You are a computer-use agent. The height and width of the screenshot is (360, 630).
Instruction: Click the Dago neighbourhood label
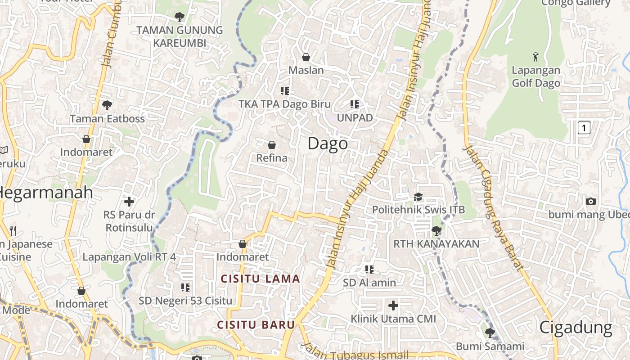pyautogui.click(x=328, y=144)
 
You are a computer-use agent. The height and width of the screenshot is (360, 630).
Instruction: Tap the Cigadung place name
pyautogui.click(x=576, y=328)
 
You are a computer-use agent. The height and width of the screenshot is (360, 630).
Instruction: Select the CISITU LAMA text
pyautogui.click(x=260, y=279)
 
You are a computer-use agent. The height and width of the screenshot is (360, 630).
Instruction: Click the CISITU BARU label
pyautogui.click(x=256, y=325)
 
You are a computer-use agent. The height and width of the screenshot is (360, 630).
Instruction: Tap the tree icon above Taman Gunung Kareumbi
pyautogui.click(x=180, y=17)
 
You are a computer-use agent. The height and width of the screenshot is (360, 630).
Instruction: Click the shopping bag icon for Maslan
pyautogui.click(x=306, y=57)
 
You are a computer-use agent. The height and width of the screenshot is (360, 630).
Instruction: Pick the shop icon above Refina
pyautogui.click(x=272, y=145)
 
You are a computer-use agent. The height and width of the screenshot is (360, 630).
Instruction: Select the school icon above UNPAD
pyautogui.click(x=355, y=104)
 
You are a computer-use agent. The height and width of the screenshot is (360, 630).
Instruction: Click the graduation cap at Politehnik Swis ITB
pyautogui.click(x=418, y=197)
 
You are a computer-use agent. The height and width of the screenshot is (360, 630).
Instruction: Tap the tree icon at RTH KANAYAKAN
pyautogui.click(x=436, y=231)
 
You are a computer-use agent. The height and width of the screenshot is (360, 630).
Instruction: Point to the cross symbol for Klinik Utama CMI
pyautogui.click(x=393, y=306)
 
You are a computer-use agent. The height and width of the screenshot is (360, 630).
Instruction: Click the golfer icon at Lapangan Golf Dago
pyautogui.click(x=535, y=57)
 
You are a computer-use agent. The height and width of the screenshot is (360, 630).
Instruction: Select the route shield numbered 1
pyautogui.click(x=584, y=128)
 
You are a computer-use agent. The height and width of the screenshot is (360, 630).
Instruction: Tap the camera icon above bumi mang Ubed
pyautogui.click(x=591, y=201)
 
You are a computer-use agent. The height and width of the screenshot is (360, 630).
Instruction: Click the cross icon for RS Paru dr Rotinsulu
pyautogui.click(x=129, y=201)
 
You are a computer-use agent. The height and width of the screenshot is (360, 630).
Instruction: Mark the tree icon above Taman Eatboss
pyautogui.click(x=107, y=105)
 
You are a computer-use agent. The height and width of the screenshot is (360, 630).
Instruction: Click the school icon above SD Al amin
pyautogui.click(x=369, y=270)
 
